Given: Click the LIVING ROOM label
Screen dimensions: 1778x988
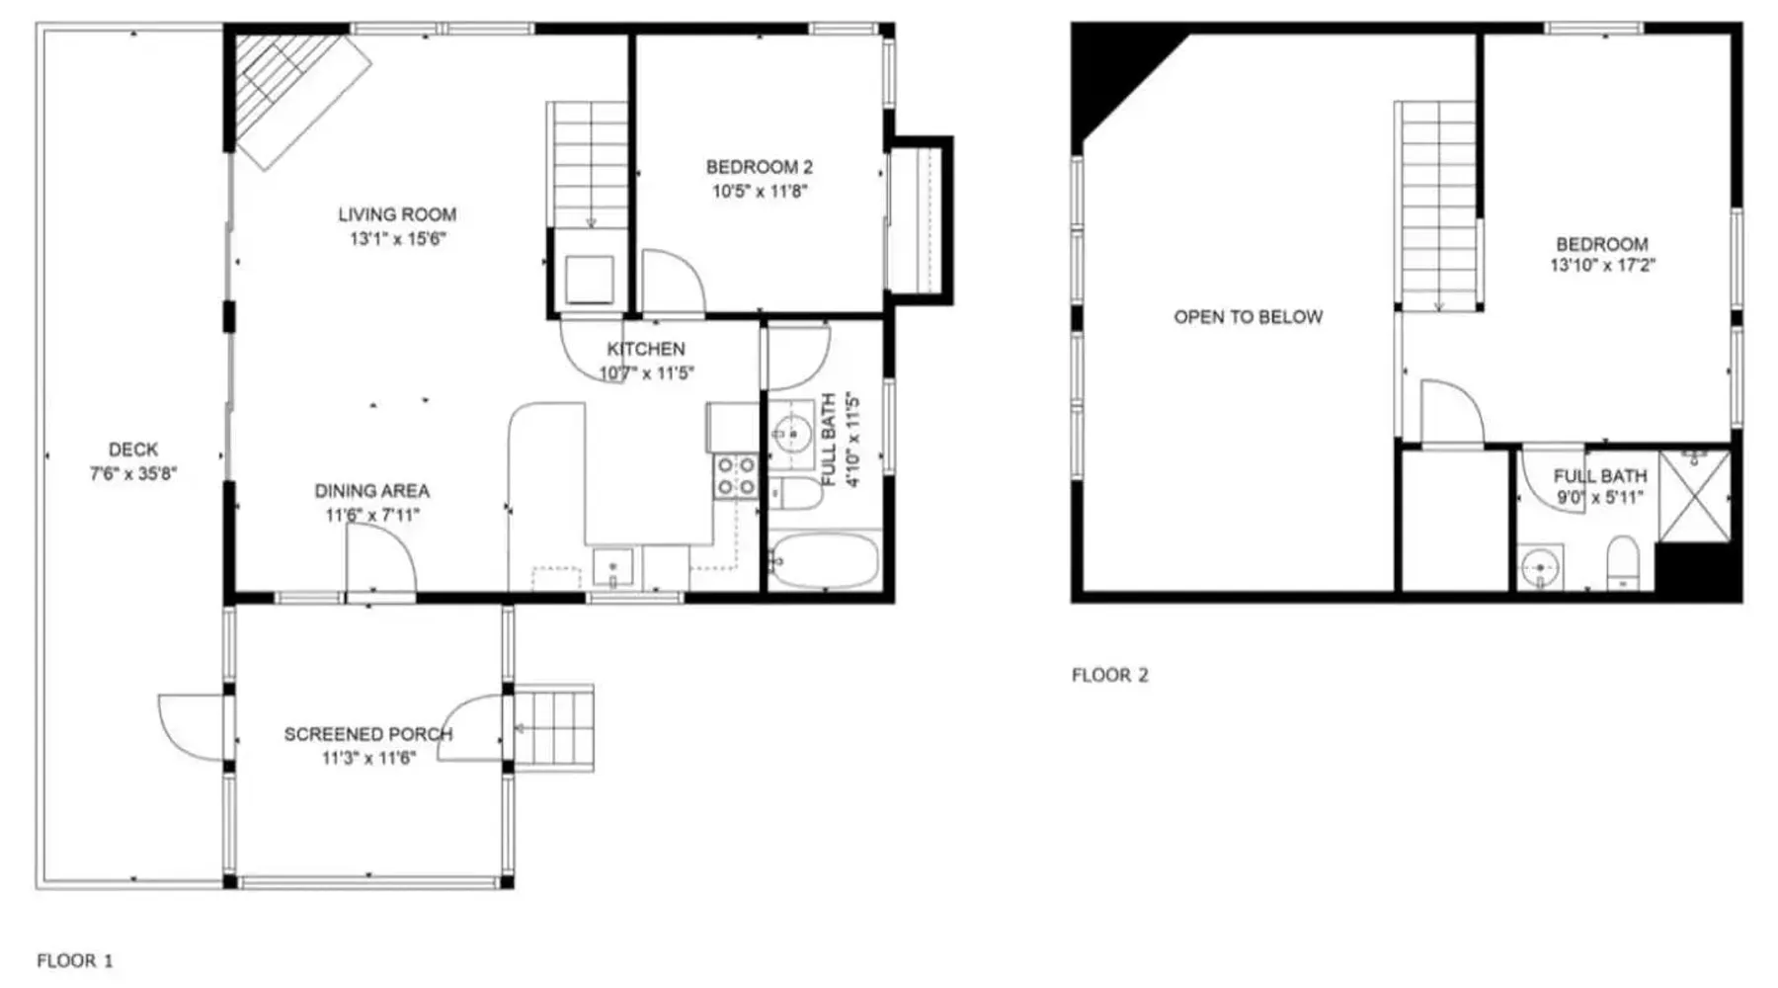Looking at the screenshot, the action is tap(397, 214).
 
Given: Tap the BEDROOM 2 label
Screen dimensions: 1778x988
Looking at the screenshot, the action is tap(759, 167).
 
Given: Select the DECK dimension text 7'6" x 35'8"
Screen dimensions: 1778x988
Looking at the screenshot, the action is tap(133, 473).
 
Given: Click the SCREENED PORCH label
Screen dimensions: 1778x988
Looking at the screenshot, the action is tap(368, 734).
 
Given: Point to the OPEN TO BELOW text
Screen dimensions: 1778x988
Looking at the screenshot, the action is tap(1248, 317).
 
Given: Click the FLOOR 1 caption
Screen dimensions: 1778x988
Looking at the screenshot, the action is tap(75, 960).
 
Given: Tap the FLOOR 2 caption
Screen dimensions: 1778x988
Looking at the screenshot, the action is tap(1110, 676).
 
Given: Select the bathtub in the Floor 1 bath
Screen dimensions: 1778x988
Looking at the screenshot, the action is tap(824, 562).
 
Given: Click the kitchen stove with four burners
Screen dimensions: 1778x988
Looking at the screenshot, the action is tap(736, 475).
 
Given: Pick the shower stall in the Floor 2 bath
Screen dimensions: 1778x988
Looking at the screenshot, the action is tap(1695, 496).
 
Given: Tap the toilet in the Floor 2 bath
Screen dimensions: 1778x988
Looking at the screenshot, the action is tap(1623, 562).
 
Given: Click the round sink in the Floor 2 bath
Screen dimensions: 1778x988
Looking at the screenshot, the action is tap(1540, 569).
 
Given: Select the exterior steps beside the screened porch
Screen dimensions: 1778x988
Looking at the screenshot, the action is tap(554, 728).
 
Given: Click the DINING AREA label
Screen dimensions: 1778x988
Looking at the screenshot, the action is tap(372, 491).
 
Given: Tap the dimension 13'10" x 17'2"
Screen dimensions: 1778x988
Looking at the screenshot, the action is tap(1602, 266).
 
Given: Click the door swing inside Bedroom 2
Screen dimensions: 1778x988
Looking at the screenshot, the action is tap(674, 282).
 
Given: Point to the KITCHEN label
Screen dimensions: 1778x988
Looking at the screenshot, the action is tap(646, 349).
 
